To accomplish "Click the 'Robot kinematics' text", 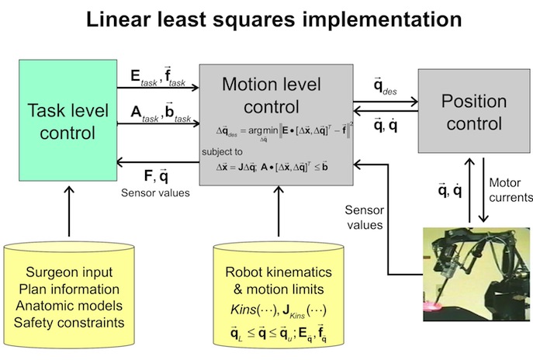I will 277,272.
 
